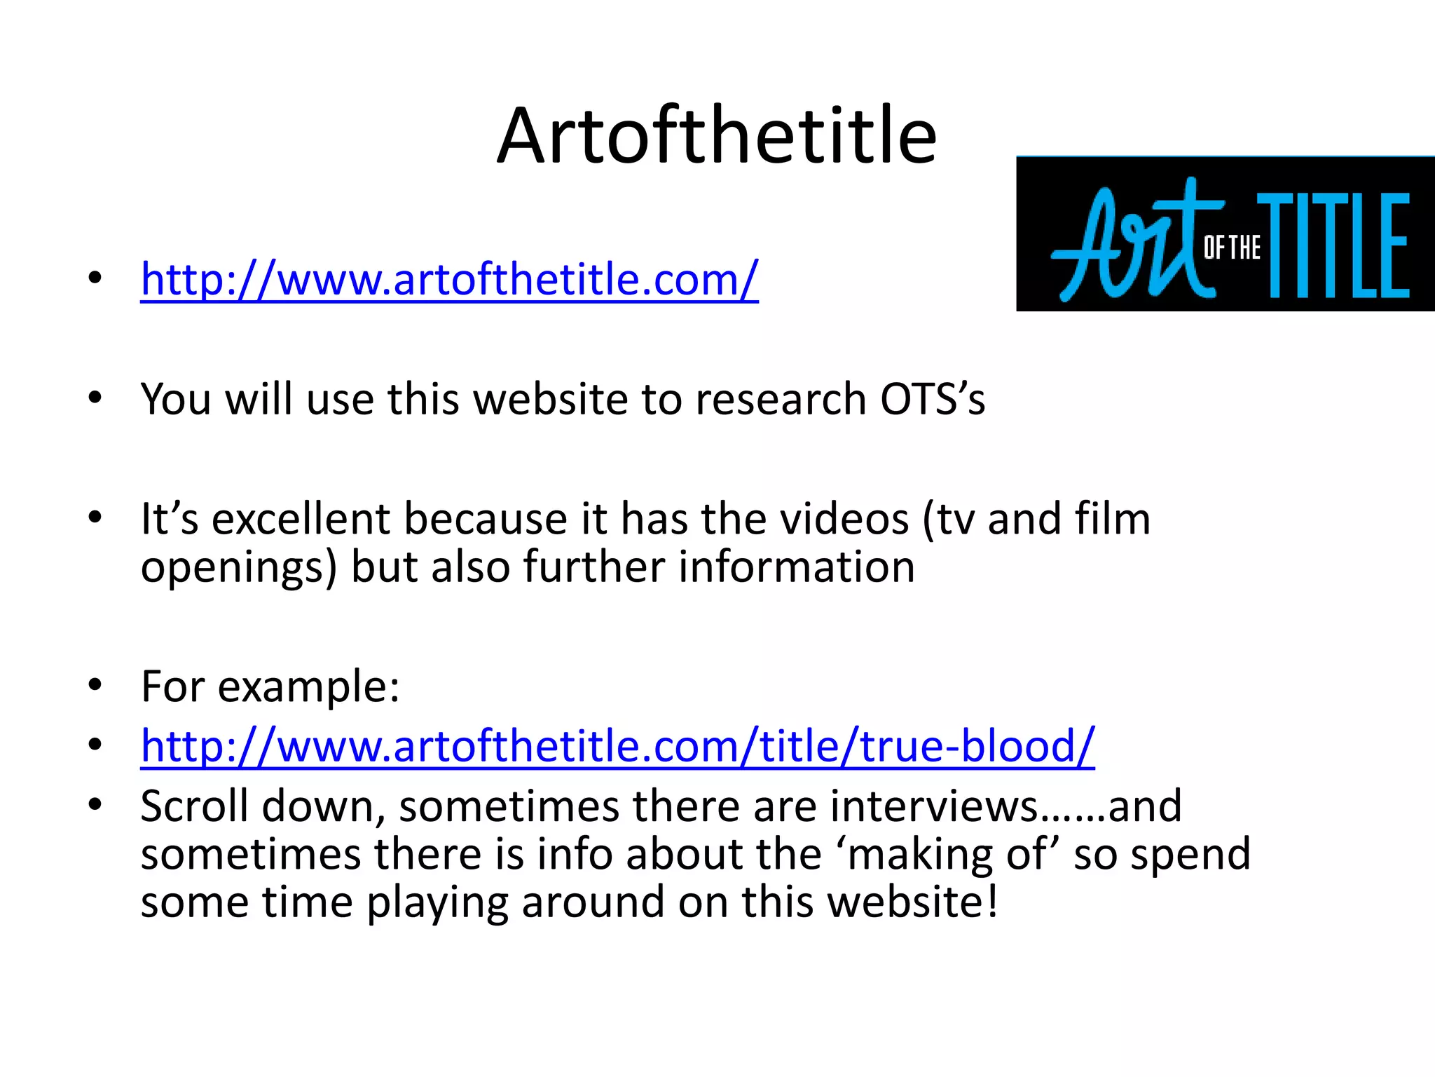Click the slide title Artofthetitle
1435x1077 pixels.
[716, 136]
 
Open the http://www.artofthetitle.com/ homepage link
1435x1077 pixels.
[449, 280]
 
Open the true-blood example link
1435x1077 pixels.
[617, 746]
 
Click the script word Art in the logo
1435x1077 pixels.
[1128, 242]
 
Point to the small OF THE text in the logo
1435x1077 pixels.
[1232, 248]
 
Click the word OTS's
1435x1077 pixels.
[932, 400]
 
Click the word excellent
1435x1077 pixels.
[301, 520]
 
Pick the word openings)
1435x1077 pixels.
[239, 569]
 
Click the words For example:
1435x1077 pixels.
[270, 686]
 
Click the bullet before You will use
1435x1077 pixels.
[95, 399]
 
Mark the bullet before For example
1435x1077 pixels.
[95, 686]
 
